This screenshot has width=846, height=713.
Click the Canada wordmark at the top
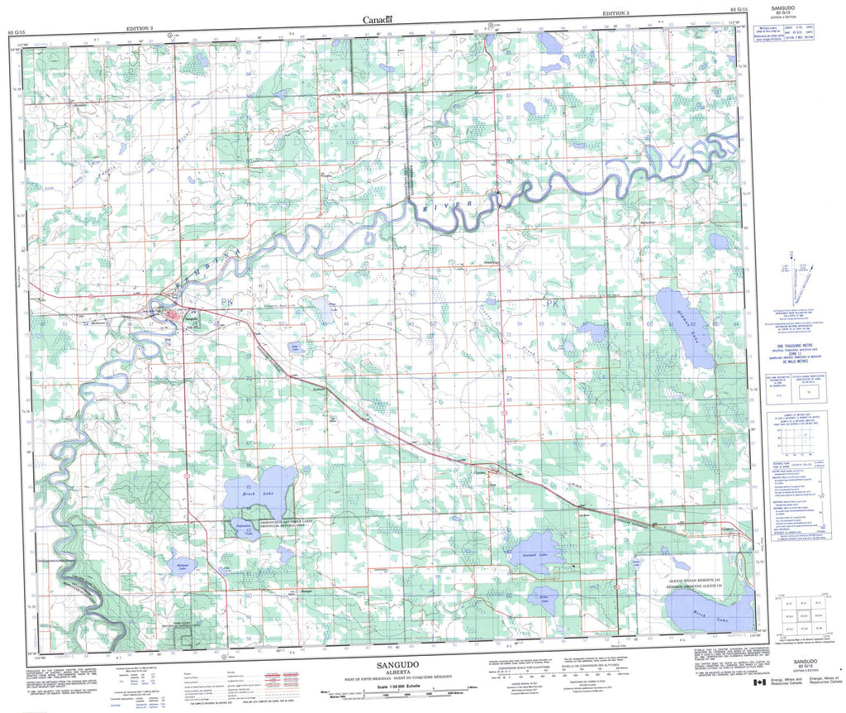pyautogui.click(x=378, y=19)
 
